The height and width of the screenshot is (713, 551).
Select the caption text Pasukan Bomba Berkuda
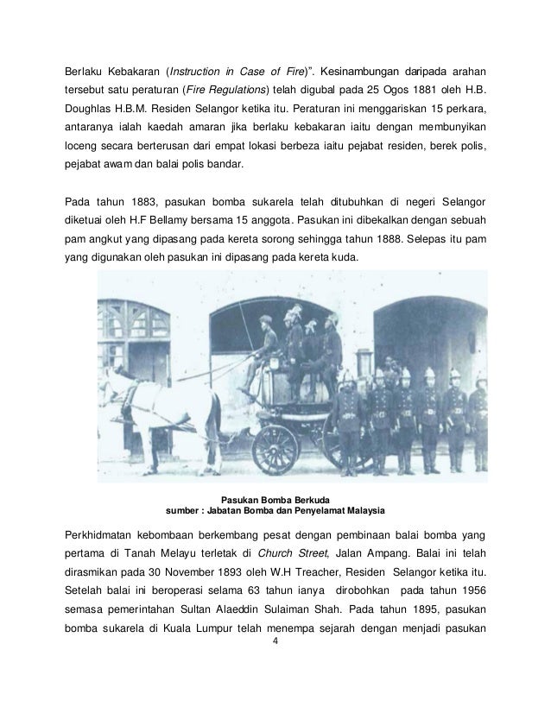[x=275, y=499]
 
